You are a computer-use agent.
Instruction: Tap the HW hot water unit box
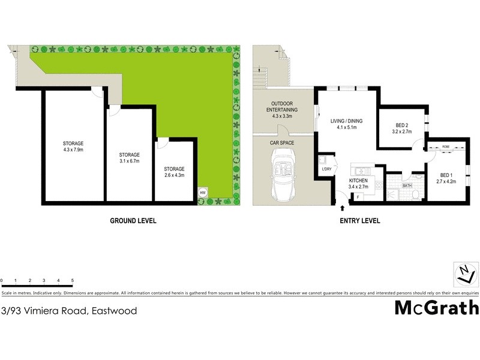point(203,193)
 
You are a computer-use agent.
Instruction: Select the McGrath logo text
point(436,308)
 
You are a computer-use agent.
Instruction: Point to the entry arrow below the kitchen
point(343,208)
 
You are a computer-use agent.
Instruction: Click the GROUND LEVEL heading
point(133,221)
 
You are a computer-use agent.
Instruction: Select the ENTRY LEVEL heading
point(360,221)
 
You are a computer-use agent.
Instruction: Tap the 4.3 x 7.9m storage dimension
point(73,150)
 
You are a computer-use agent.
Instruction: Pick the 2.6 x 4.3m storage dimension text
point(174,176)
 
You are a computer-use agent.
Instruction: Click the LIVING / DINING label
point(347,121)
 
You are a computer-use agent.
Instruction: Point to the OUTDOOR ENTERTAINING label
point(281,106)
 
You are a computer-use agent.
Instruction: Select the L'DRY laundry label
point(326,169)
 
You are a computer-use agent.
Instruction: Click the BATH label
point(407,186)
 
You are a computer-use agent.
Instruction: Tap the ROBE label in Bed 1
point(446,146)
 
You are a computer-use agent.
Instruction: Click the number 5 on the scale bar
point(73,281)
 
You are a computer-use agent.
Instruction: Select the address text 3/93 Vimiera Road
point(69,311)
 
